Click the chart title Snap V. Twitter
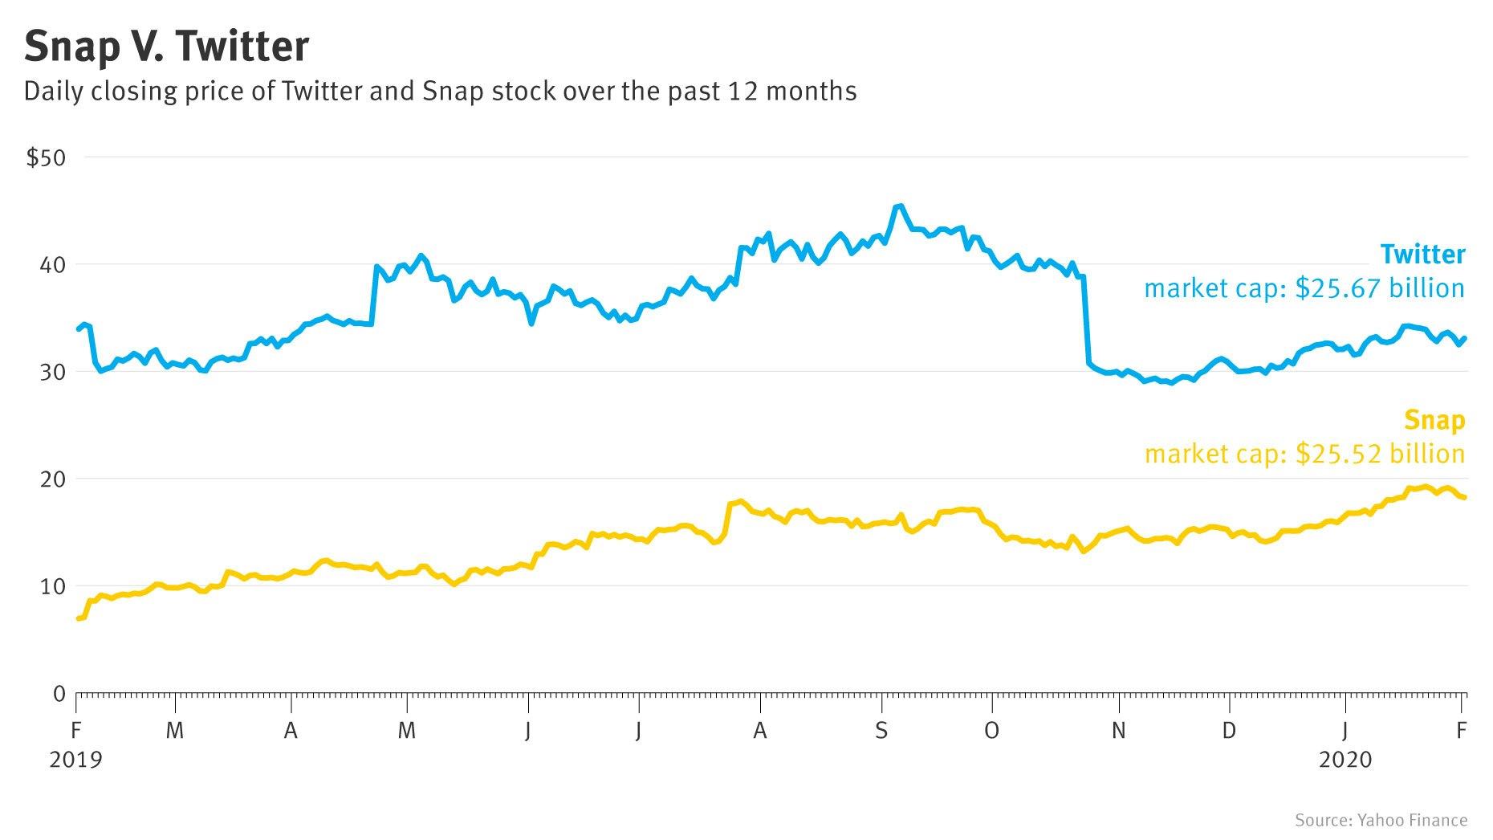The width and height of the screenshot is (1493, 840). pyautogui.click(x=166, y=47)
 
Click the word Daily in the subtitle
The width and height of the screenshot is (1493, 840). pyautogui.click(x=53, y=92)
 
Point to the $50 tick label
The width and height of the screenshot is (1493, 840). pyautogui.click(x=46, y=158)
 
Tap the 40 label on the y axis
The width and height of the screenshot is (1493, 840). pyautogui.click(x=52, y=265)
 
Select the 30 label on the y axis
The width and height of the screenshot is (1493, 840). pyautogui.click(x=52, y=372)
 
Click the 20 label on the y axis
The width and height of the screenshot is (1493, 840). pyautogui.click(x=52, y=479)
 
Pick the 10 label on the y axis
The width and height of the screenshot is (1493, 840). pyautogui.click(x=52, y=586)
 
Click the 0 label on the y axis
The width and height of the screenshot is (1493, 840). pyautogui.click(x=59, y=694)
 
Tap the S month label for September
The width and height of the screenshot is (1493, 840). pyautogui.click(x=881, y=731)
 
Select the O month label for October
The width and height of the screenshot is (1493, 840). pyautogui.click(x=992, y=731)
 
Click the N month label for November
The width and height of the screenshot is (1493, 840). pyautogui.click(x=1118, y=731)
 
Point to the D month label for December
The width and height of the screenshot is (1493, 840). pyautogui.click(x=1229, y=731)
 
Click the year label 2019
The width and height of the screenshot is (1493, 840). pyautogui.click(x=75, y=760)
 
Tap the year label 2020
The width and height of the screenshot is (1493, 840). pyautogui.click(x=1345, y=760)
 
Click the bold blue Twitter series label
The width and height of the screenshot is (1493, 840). pyautogui.click(x=1422, y=255)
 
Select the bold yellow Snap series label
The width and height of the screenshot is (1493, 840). pyautogui.click(x=1434, y=420)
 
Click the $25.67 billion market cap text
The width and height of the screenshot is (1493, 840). pyautogui.click(x=1380, y=288)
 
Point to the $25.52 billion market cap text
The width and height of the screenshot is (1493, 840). pyautogui.click(x=1380, y=454)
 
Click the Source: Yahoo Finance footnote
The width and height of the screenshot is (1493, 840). pyautogui.click(x=1381, y=820)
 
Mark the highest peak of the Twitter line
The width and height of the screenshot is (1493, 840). pyautogui.click(x=898, y=206)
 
